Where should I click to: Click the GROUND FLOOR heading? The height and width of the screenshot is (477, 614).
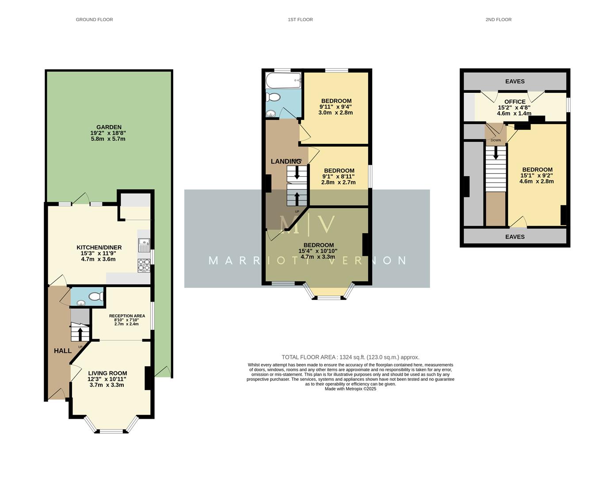tap(94, 19)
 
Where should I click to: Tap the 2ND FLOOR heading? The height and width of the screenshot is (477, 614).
tap(498, 19)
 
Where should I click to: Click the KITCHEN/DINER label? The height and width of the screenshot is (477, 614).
tap(99, 247)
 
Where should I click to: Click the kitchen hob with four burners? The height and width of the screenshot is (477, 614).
tap(144, 265)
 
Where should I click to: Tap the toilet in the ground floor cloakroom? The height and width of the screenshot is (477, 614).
tap(96, 297)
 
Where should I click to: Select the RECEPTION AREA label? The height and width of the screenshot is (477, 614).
tap(127, 316)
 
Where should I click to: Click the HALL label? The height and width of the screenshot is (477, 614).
tap(63, 351)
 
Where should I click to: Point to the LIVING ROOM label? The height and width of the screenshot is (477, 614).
tap(107, 373)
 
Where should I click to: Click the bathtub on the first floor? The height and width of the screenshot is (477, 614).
tap(283, 81)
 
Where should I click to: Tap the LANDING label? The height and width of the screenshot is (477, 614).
tap(286, 162)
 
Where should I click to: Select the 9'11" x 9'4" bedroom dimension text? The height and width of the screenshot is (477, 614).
tap(336, 107)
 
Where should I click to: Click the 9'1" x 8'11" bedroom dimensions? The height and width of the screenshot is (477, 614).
tap(339, 177)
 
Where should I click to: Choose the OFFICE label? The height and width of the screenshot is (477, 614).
tap(515, 102)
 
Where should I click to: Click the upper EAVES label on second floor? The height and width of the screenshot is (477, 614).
tap(515, 81)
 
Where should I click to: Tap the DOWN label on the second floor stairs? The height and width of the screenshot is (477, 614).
tap(496, 140)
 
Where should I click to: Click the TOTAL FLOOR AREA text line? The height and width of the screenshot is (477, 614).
tap(350, 357)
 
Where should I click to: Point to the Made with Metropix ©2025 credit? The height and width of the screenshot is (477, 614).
tap(350, 389)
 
